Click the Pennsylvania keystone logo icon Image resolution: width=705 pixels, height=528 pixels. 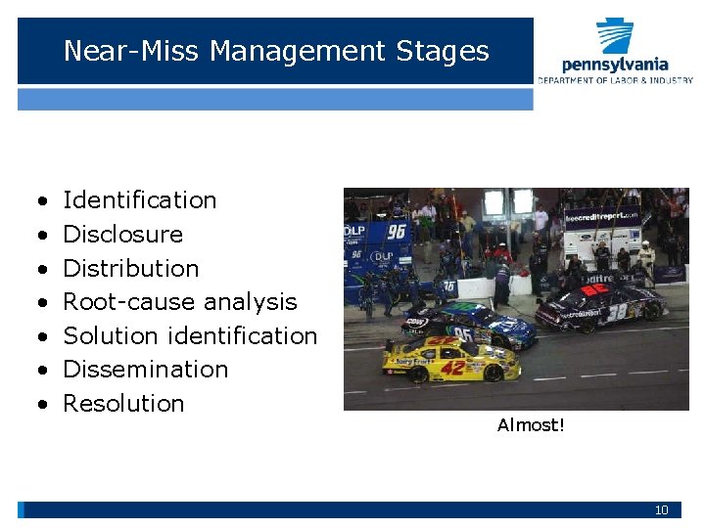[615, 36]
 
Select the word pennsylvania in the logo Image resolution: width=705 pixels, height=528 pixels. [615, 65]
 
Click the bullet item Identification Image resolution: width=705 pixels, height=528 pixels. [139, 200]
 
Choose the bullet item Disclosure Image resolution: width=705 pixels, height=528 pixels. [122, 235]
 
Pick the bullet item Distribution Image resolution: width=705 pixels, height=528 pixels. [130, 268]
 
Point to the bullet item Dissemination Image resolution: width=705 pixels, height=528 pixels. [145, 370]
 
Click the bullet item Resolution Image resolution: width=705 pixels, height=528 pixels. [123, 404]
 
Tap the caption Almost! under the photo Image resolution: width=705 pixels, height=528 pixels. [531, 425]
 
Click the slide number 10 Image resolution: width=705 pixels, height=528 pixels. [661, 510]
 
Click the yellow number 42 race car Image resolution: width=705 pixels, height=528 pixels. [450, 359]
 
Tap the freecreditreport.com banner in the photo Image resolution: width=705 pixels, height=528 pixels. [601, 216]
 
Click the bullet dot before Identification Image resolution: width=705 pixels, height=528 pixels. [42, 201]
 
